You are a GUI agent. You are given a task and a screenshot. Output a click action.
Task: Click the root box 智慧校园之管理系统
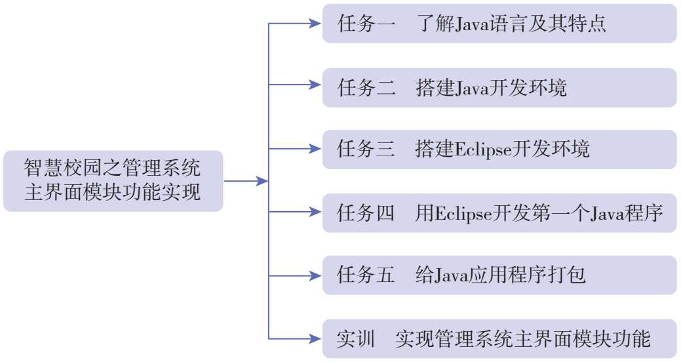(113, 180)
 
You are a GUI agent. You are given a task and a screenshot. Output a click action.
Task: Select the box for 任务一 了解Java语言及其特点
(499, 24)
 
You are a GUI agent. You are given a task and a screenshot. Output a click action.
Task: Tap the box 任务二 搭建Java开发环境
(499, 87)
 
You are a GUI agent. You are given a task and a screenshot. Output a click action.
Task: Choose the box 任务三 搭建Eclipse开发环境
(499, 149)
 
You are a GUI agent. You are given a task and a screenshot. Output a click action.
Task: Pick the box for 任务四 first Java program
(499, 212)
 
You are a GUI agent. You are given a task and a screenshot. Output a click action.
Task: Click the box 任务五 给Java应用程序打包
(499, 275)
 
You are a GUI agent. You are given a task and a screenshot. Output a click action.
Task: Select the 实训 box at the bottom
(499, 338)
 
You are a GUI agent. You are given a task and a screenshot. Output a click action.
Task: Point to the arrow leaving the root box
(246, 181)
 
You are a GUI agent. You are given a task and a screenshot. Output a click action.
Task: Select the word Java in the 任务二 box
(463, 88)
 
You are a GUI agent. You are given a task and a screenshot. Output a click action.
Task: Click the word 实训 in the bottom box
(355, 339)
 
